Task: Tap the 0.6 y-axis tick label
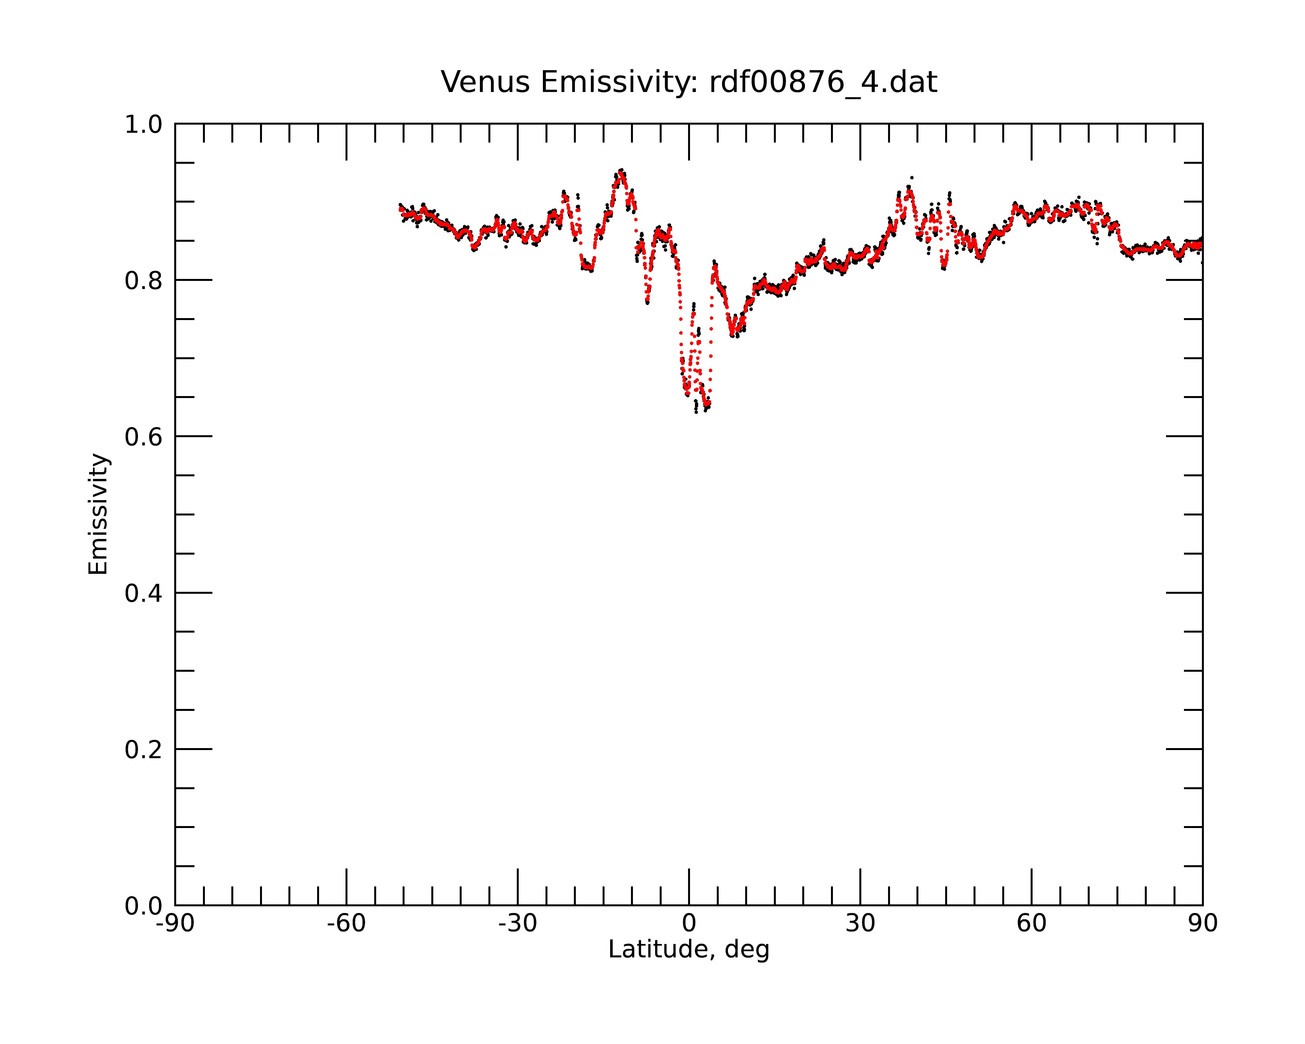point(144,437)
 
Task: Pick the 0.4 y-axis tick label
point(144,593)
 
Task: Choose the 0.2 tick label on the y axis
point(144,749)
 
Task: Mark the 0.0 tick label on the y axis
point(144,906)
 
